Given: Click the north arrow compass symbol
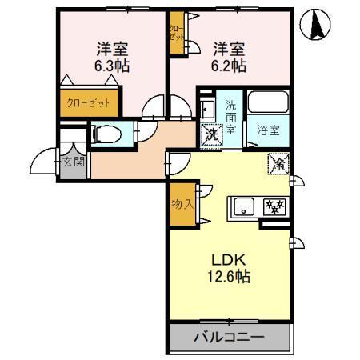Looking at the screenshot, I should tap(317, 26).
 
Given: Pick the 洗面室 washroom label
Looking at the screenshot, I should tap(230, 118).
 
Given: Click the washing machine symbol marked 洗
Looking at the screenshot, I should tap(211, 134).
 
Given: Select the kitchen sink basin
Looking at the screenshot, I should tap(243, 207).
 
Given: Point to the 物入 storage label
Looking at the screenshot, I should tap(182, 204).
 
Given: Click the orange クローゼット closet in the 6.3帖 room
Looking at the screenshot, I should tap(89, 102).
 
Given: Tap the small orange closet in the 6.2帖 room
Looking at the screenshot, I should tap(175, 35).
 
